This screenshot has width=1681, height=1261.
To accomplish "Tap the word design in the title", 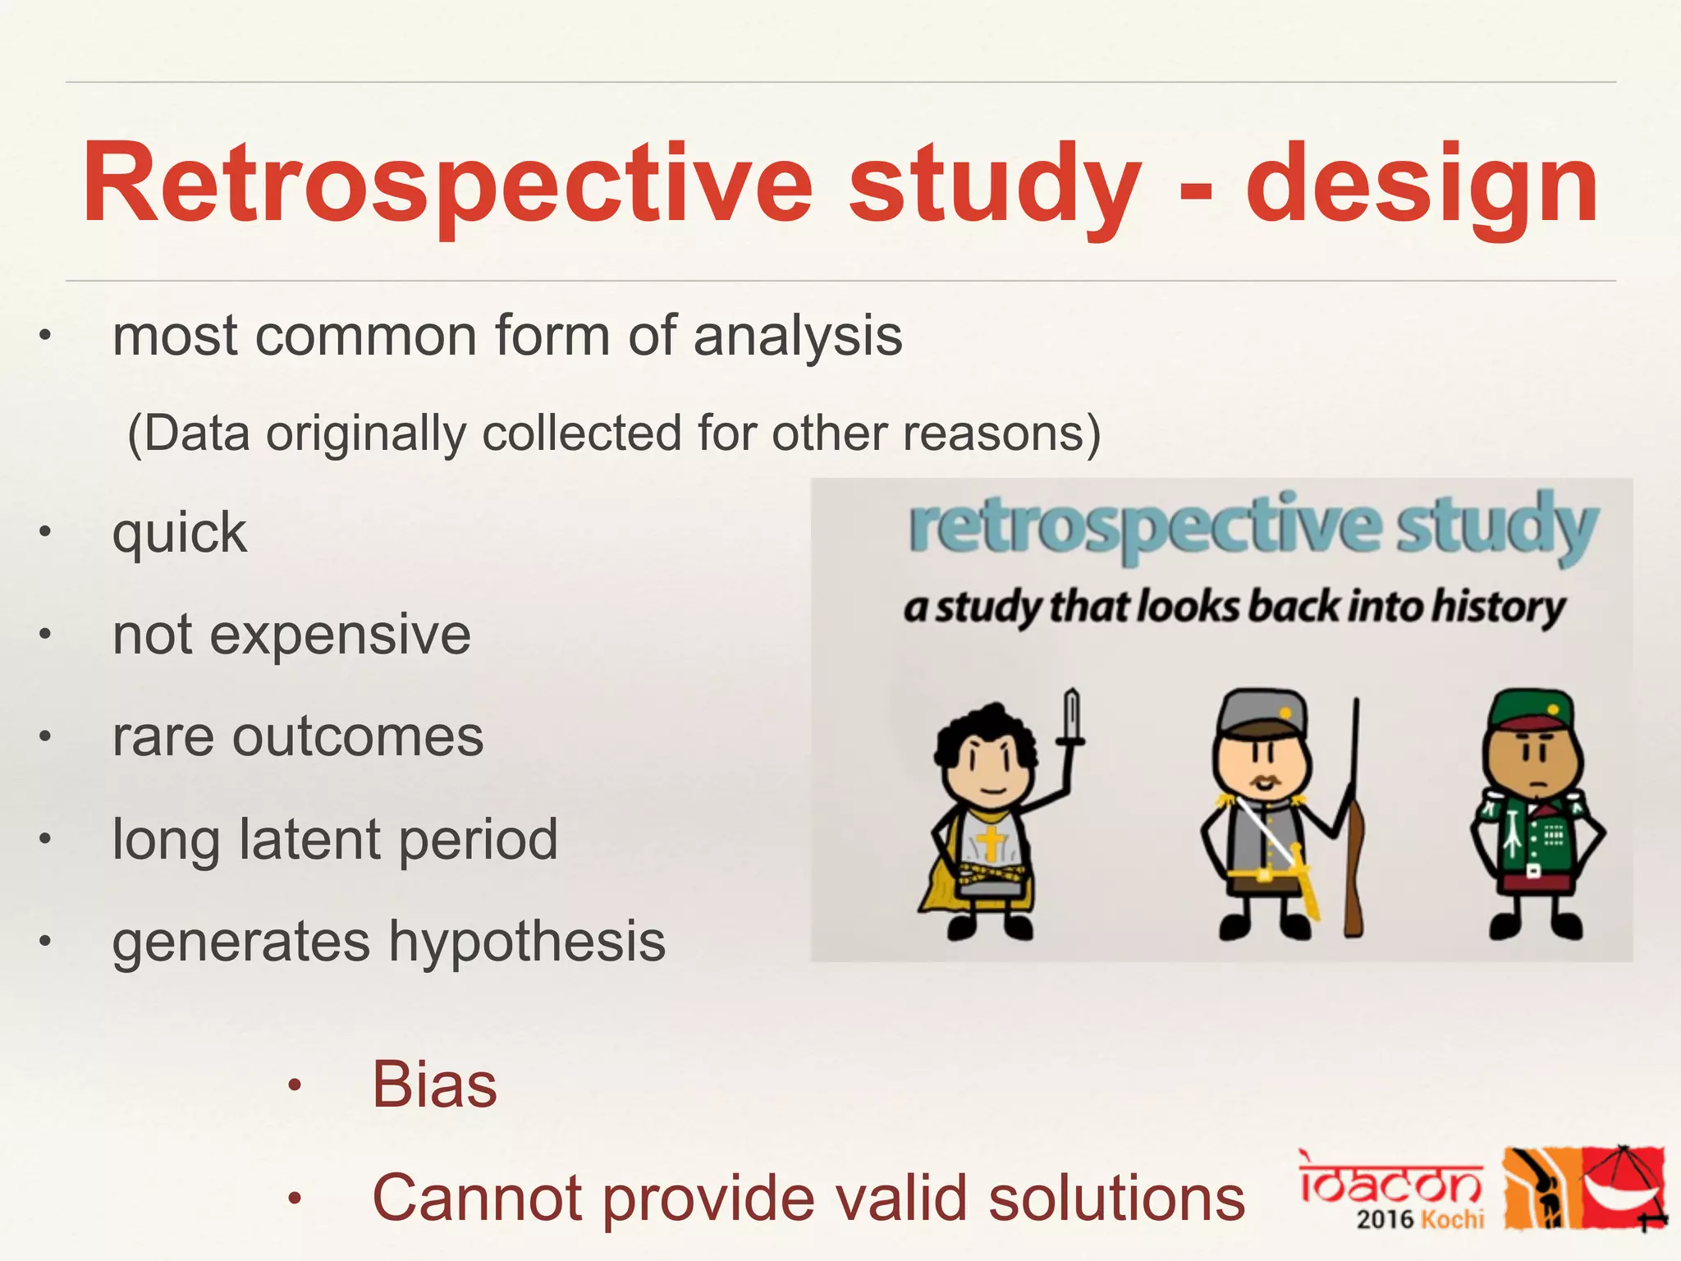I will [x=1422, y=185].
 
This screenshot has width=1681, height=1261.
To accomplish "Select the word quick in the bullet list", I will [x=179, y=534].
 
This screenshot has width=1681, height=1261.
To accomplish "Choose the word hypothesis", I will [x=526, y=941].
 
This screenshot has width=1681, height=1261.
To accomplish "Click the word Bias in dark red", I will [x=434, y=1084].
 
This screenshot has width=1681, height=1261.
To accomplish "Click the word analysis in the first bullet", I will [x=797, y=337].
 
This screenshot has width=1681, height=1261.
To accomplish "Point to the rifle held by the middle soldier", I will [x=1354, y=821].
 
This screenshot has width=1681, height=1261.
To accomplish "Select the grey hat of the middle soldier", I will [x=1260, y=711].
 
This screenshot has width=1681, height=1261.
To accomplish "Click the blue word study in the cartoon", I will [x=1497, y=527].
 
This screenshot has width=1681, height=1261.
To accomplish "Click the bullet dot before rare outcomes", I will [x=46, y=736].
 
